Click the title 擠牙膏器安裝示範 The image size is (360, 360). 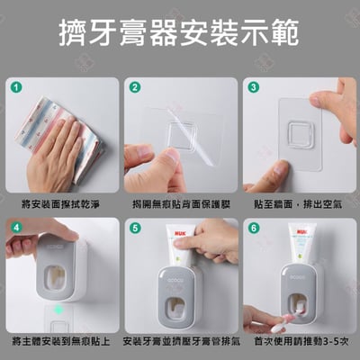point(180,38)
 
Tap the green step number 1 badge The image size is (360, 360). point(15,87)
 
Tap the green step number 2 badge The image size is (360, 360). point(135,87)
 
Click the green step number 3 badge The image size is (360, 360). point(255,87)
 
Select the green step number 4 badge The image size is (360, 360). point(15,228)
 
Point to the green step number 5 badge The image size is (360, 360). point(135,228)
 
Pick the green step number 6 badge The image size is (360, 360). point(255,228)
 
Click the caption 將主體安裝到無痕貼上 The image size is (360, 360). point(61,343)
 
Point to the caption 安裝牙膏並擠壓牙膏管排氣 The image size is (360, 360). point(180,343)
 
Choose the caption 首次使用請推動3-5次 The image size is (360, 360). point(299,343)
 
